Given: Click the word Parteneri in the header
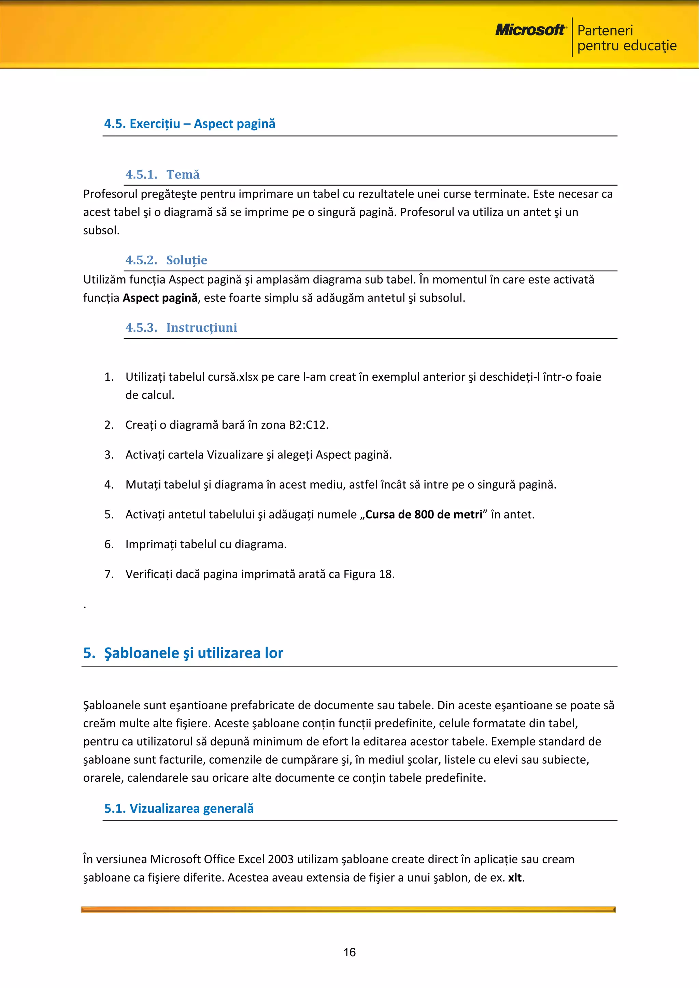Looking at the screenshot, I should pos(605,31).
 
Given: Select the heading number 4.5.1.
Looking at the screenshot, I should pos(141,175).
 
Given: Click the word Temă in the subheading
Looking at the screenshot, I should pos(183,175).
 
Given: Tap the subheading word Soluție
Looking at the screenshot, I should pos(186,260).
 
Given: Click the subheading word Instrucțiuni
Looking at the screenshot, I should pos(201,328).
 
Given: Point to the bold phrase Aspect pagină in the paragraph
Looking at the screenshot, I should pos(160,298).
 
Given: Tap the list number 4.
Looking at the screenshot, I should pos(109,485).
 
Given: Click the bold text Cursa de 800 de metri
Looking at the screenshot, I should pos(424,515).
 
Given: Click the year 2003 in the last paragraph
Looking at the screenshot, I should pos(281,859).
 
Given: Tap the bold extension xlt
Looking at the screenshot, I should pos(515,878).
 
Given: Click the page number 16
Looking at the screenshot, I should pos(349,952).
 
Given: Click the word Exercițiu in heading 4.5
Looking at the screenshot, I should pos(155,124).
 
